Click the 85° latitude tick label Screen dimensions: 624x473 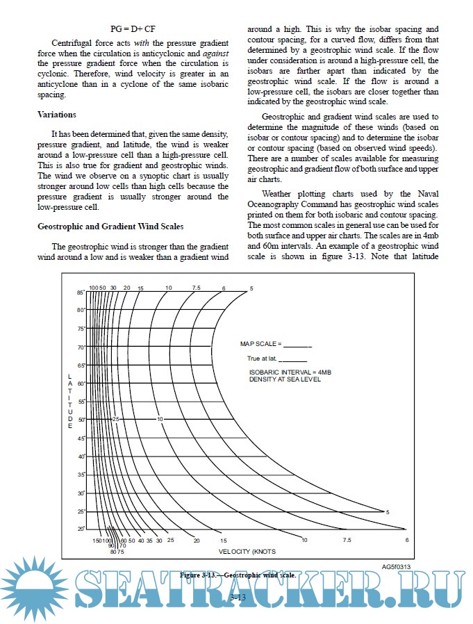(80, 293)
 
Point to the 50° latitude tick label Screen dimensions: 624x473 (81, 420)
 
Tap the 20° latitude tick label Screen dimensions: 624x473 (81, 529)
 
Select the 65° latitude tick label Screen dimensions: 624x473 (81, 366)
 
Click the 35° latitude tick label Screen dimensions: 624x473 (81, 475)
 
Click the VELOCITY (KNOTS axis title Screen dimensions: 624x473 (247, 552)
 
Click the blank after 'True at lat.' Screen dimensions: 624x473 (292, 360)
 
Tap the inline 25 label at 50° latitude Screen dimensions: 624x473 (117, 420)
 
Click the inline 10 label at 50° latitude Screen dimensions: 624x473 (160, 420)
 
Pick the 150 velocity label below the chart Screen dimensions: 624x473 (97, 540)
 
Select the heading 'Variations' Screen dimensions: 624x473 (57, 115)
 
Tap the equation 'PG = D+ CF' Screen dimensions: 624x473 (134, 29)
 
